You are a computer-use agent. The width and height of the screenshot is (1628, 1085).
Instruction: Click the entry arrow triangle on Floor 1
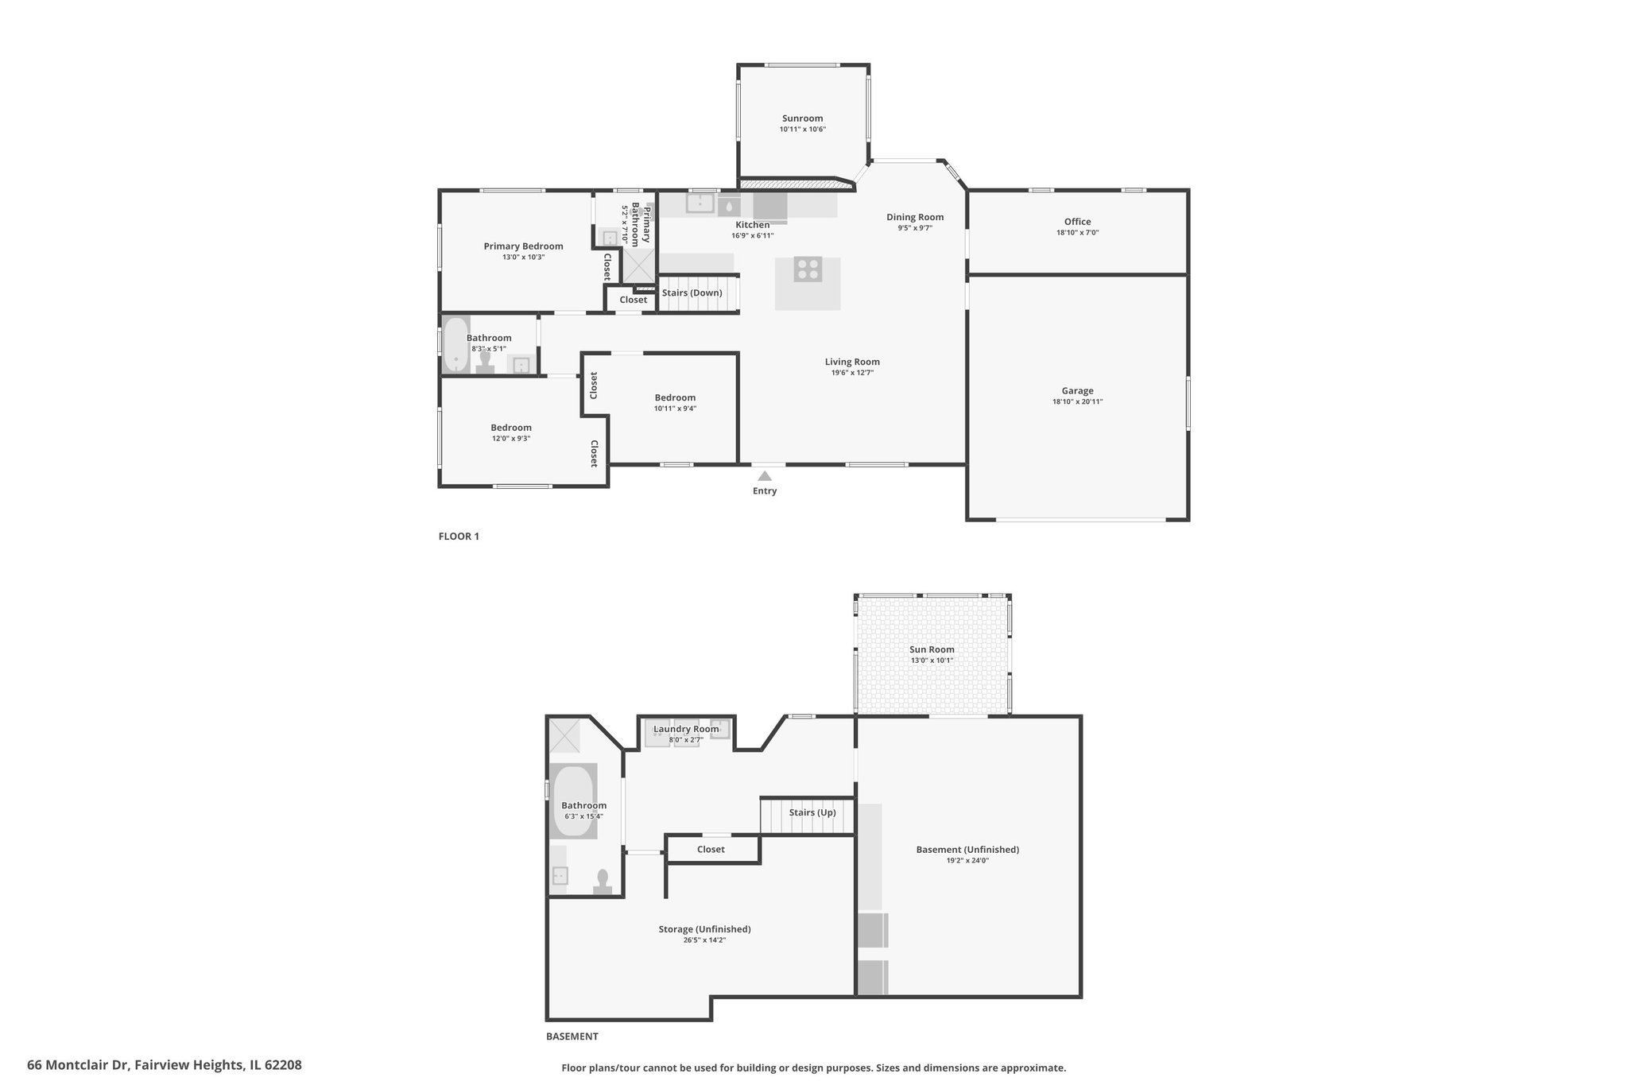pos(764,476)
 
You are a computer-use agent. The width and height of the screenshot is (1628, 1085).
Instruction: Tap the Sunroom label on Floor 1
pos(802,118)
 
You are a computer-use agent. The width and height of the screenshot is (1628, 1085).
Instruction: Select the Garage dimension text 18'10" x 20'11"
pos(1077,401)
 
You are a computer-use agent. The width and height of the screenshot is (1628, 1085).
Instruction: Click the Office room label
pos(1077,222)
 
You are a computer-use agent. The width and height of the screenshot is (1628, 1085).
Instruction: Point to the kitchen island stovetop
pos(808,269)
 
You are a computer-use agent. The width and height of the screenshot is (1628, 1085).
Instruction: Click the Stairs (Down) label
pos(692,293)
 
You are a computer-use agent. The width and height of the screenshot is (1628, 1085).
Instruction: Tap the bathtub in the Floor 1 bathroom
pos(455,344)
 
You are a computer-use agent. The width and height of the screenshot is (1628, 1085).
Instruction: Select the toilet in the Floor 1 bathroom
pos(485,363)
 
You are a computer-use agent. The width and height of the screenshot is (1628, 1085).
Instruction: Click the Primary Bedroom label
pos(523,246)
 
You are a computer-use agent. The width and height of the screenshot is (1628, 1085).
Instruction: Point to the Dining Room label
pos(915,217)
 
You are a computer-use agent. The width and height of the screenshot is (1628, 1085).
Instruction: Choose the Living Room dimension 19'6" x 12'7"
pos(852,373)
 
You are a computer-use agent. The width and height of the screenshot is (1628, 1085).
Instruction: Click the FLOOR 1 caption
pos(459,537)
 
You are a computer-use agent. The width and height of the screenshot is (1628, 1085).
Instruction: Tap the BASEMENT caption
pos(572,1037)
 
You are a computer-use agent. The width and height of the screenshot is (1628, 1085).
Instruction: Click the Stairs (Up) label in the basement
pos(812,812)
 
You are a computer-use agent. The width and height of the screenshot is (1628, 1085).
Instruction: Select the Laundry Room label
pos(685,729)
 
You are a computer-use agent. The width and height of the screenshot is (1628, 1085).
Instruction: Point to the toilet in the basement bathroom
pos(603,882)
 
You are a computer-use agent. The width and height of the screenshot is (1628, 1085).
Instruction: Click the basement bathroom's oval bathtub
pos(574,800)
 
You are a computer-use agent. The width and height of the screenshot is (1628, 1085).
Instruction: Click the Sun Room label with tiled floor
pos(932,649)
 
